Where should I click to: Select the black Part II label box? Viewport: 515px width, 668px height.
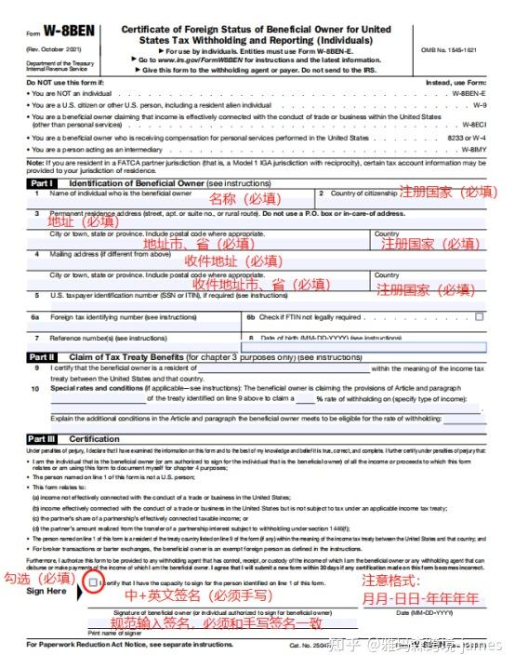click(x=42, y=356)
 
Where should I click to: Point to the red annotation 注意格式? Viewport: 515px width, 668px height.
click(x=394, y=579)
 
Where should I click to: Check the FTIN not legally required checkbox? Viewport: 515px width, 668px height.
click(x=480, y=316)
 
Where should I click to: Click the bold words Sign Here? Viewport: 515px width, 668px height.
click(x=46, y=591)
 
